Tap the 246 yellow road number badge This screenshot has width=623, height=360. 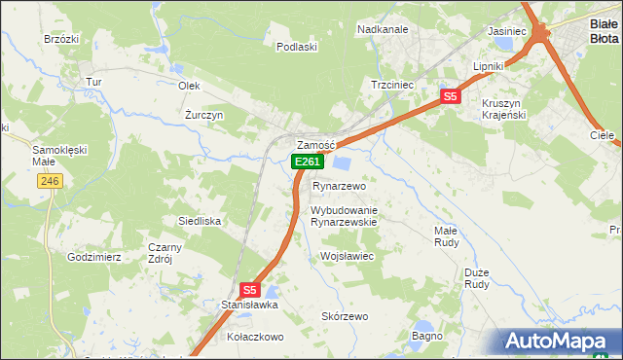tap(51, 181)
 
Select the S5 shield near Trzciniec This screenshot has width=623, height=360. tap(449, 96)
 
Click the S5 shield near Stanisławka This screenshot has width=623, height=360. tap(249, 289)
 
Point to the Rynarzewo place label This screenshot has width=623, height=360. tap(339, 185)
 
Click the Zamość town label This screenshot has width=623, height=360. tap(316, 145)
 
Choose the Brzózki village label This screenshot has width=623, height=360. tap(61, 39)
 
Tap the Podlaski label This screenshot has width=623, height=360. tap(297, 46)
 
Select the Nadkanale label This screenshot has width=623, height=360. tap(383, 29)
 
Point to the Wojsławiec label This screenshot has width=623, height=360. tap(348, 256)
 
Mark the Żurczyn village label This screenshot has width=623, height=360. tap(204, 114)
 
